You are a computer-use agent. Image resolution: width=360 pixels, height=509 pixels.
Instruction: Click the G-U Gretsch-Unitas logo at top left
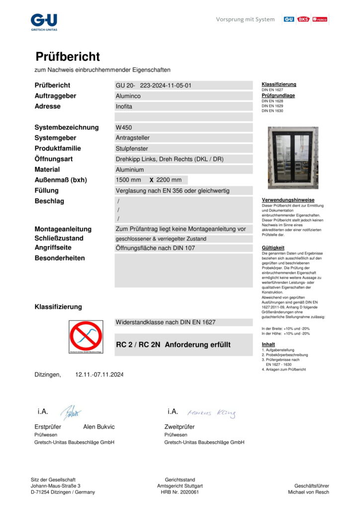click(44, 22)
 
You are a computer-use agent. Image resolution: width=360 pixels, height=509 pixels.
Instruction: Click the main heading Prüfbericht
click(68, 57)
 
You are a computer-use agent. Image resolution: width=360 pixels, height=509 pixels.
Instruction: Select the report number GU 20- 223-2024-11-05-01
click(154, 85)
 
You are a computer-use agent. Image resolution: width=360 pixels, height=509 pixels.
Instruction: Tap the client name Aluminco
click(128, 96)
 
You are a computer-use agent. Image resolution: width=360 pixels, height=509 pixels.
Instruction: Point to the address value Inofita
click(124, 106)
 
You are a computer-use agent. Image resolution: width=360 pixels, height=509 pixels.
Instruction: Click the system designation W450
click(124, 127)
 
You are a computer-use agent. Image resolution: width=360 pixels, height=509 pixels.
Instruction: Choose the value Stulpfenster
click(132, 148)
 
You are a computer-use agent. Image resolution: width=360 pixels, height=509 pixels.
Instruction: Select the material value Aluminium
click(129, 170)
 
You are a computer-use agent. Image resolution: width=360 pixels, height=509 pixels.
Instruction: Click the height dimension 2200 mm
click(169, 180)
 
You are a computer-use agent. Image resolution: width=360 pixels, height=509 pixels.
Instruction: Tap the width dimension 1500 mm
click(128, 180)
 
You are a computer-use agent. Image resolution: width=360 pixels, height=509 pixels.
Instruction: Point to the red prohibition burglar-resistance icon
click(86, 337)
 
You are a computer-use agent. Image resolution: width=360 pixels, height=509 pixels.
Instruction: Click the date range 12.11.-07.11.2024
click(99, 374)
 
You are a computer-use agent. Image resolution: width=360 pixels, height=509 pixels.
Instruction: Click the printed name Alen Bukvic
click(99, 426)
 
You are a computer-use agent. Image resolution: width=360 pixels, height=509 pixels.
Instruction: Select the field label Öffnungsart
click(54, 159)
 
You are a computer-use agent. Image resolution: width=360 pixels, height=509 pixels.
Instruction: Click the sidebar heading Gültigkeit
click(273, 247)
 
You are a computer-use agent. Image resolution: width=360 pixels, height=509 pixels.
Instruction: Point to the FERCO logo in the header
click(320, 19)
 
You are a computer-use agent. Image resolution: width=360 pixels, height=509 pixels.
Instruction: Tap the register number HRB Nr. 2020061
click(180, 492)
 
